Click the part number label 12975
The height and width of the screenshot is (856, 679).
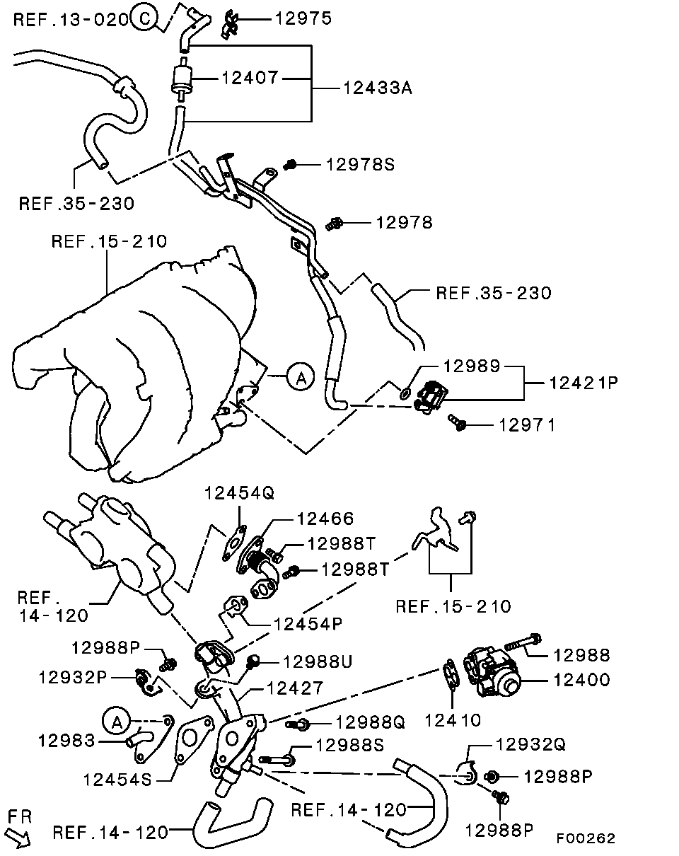303,19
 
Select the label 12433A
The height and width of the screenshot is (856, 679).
378,88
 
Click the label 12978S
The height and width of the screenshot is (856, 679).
360,165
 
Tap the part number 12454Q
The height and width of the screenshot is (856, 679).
239,492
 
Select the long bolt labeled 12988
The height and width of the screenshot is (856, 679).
523,643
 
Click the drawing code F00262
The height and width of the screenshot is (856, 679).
585,838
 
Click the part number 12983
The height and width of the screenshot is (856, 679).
66,741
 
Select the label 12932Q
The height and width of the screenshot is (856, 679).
531,744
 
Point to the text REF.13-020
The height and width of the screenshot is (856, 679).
71,20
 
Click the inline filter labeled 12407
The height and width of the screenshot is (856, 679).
180,78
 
